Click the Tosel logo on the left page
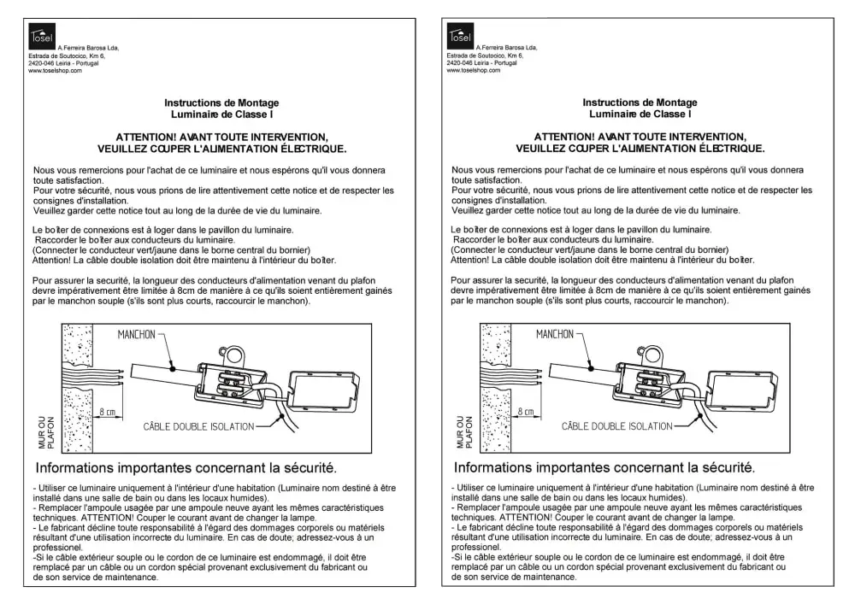(x=42, y=35)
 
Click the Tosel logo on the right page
(x=460, y=35)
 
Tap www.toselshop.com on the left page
(x=55, y=71)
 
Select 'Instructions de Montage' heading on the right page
(x=640, y=103)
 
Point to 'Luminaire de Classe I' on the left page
(x=221, y=114)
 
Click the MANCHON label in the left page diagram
(x=136, y=335)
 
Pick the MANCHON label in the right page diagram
(x=554, y=335)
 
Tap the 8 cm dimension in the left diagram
(x=107, y=412)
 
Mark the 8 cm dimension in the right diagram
(x=525, y=412)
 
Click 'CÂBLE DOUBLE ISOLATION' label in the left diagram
(x=198, y=425)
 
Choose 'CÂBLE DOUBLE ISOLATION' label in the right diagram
(x=616, y=425)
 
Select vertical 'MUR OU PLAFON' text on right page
(x=463, y=432)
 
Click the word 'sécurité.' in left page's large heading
(x=307, y=467)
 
